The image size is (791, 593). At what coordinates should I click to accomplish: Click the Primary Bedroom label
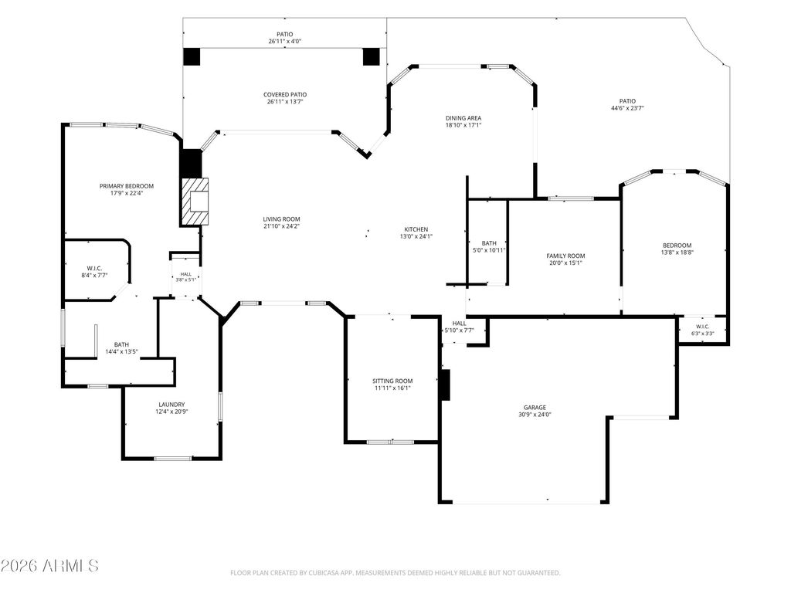coord(126,186)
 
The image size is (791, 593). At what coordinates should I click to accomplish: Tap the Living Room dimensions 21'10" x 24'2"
coord(281,226)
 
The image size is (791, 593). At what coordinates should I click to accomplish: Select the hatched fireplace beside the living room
coord(195,202)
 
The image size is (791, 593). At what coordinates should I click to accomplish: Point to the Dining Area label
coord(463,118)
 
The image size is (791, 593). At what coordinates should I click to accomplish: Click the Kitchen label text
coord(416,229)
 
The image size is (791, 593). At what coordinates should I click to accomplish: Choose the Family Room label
coord(565,256)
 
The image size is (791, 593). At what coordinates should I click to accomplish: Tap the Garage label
coord(535,408)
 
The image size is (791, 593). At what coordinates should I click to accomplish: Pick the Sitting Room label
coord(392,381)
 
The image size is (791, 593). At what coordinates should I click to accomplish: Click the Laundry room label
coord(171,405)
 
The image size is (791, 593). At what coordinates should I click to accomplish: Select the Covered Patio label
coord(285,94)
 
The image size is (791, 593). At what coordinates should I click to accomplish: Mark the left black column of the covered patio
coord(192,56)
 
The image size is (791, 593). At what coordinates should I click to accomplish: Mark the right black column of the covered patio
coord(371,56)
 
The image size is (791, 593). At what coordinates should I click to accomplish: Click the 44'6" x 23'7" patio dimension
coord(627,108)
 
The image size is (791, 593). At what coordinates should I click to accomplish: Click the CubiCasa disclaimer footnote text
coord(395,573)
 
